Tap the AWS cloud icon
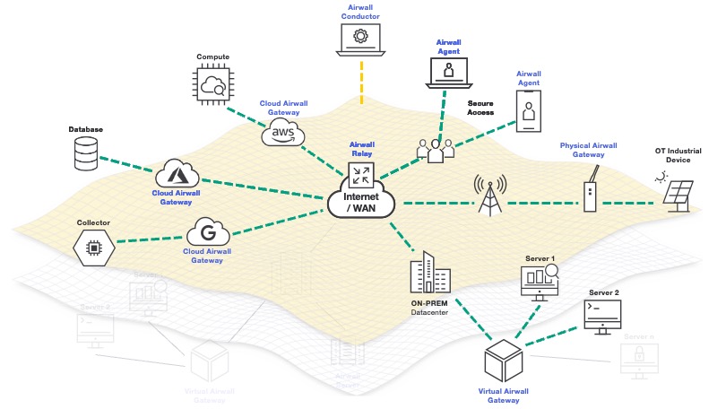coord(282,135)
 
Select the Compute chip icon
coord(213,85)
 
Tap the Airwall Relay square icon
coord(361,173)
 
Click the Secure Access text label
coord(480,109)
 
